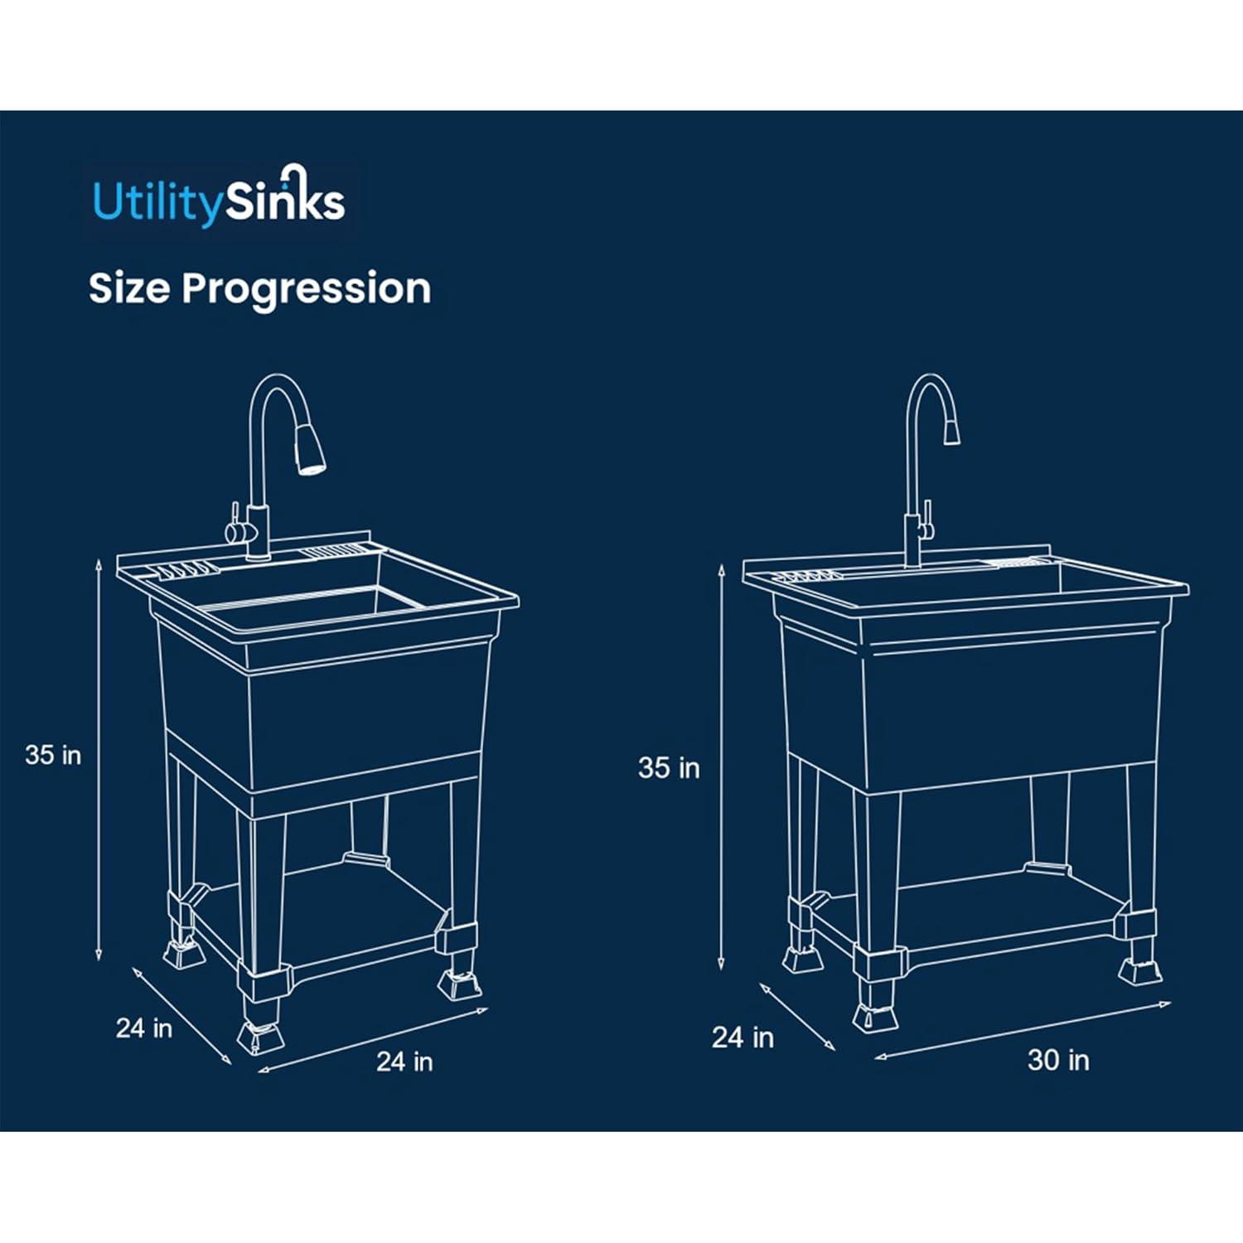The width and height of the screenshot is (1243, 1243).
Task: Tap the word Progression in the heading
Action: (306, 288)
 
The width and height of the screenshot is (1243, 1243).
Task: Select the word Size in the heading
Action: (129, 288)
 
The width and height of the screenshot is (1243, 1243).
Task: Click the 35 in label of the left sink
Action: (53, 755)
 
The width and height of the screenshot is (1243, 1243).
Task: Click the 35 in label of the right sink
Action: (669, 768)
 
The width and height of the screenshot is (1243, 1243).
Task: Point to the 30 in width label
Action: (1058, 1060)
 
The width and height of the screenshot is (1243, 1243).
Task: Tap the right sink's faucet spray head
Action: (953, 429)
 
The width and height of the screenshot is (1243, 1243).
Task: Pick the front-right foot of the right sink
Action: (1141, 970)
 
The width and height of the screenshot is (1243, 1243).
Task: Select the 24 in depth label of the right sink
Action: (742, 1037)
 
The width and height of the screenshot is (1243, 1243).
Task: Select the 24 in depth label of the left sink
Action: (144, 1028)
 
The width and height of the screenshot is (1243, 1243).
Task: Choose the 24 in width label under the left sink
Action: (404, 1062)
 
